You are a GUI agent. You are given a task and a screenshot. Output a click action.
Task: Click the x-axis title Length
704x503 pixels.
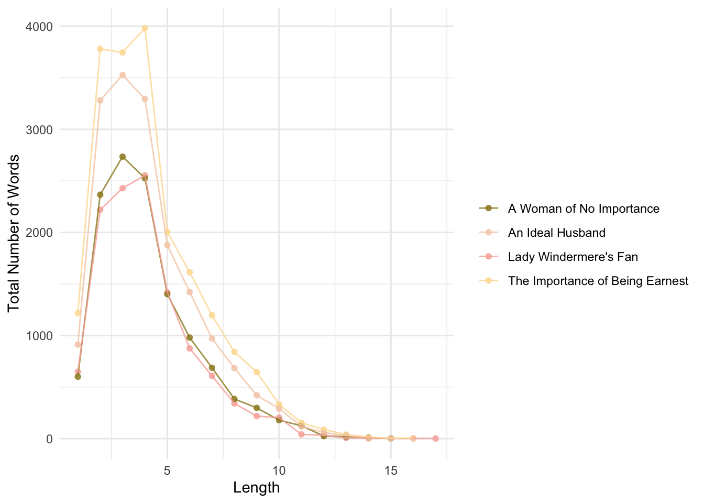(256, 488)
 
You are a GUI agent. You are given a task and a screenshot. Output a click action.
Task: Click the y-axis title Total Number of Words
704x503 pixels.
(14, 233)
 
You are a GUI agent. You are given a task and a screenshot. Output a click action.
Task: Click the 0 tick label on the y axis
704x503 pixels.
(49, 439)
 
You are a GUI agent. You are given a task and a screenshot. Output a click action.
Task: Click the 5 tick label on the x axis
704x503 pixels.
(167, 471)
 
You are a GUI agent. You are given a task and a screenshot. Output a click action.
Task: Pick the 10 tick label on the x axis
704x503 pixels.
(279, 471)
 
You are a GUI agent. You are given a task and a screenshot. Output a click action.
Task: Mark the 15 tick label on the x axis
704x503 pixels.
(391, 471)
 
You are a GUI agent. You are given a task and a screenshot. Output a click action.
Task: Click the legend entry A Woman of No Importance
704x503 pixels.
(584, 209)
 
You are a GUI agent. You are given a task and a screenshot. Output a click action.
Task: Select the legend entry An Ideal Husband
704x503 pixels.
(556, 233)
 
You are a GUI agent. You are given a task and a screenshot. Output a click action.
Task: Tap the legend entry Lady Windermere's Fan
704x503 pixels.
(573, 257)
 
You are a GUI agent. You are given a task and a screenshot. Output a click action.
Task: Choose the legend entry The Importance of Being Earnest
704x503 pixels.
(598, 281)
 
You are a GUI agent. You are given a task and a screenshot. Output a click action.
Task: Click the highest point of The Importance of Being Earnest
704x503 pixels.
(145, 28)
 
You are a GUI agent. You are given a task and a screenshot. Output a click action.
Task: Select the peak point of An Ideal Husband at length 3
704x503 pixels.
(123, 75)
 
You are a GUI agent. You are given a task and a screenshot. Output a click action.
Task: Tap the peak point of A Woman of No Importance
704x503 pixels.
(123, 157)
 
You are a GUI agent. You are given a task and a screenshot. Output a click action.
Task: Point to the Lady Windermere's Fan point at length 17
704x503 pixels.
(435, 439)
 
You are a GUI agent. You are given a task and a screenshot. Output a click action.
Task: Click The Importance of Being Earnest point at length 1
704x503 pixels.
(78, 313)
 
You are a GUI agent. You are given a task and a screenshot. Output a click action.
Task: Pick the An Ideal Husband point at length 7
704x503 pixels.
(212, 338)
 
